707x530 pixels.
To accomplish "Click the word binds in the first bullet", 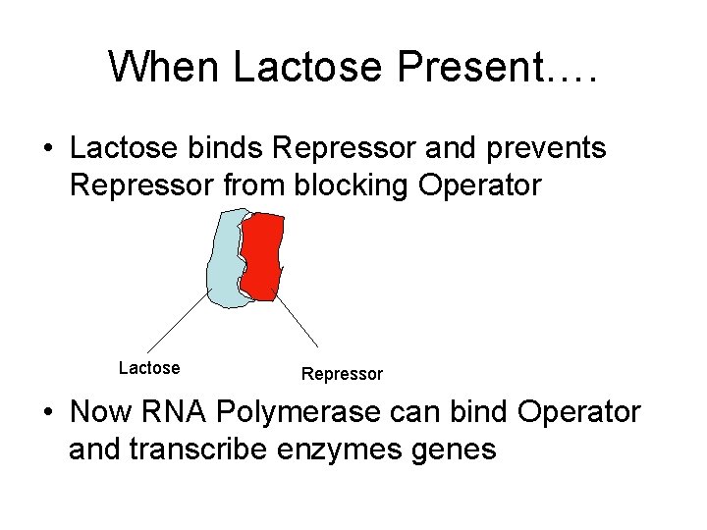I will point(230,149).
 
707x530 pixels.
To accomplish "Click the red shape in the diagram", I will point(262,256).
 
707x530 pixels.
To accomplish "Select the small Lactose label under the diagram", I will point(149,368).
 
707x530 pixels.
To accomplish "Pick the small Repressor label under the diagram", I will point(342,374).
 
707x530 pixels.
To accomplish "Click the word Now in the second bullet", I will point(100,412).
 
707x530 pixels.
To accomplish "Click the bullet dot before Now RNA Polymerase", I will point(48,413).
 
